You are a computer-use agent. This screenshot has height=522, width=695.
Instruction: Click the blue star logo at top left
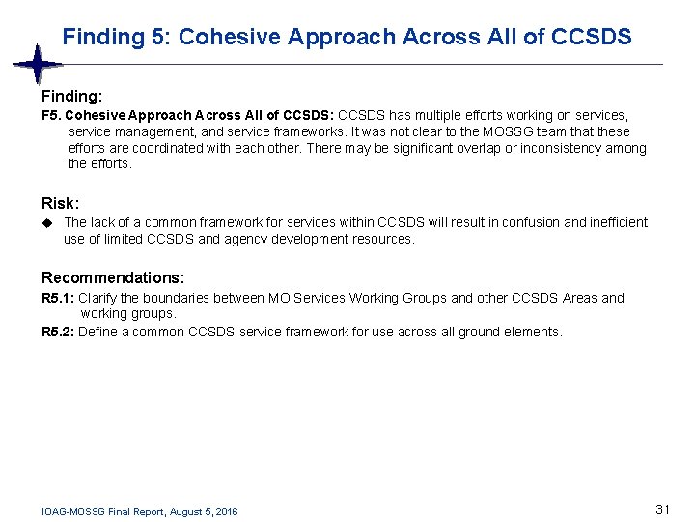pos(38,65)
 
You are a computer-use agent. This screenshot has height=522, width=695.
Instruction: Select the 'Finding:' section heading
pos(71,97)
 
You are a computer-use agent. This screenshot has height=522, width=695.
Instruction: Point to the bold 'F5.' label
pos(53,115)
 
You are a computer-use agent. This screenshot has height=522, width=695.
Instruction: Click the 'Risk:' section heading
pos(60,204)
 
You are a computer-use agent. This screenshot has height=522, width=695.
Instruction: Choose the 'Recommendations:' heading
pos(113,277)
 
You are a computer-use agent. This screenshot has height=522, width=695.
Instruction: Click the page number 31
pos(662,509)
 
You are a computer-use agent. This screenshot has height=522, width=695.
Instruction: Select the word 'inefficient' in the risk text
pos(616,222)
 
